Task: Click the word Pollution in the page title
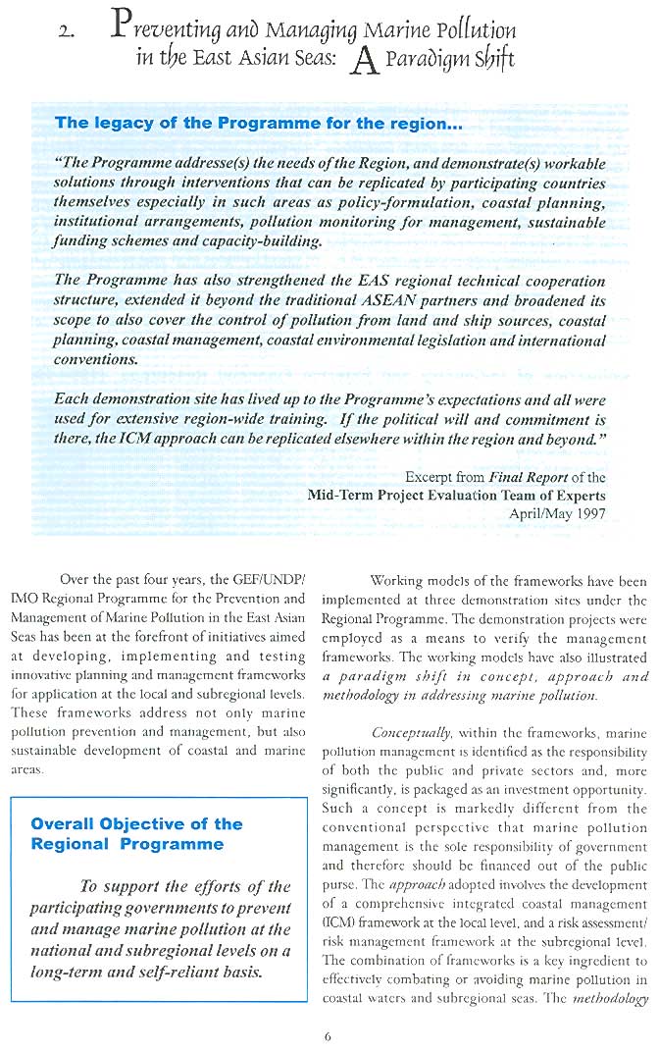478,30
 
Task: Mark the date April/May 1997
558,513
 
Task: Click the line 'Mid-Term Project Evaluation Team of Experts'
457,496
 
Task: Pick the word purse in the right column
338,887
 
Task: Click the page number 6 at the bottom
329,1033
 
